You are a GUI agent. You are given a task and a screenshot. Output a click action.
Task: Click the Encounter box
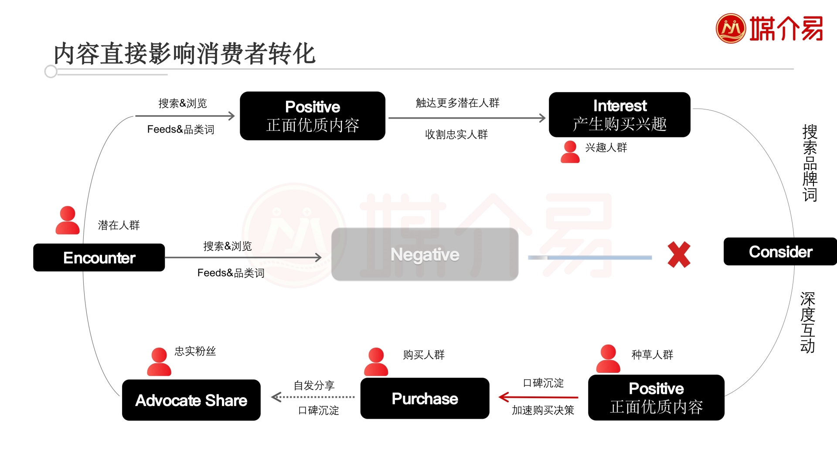(99, 258)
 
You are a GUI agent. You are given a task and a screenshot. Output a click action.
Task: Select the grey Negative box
(425, 254)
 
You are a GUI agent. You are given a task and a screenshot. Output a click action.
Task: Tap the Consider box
(780, 252)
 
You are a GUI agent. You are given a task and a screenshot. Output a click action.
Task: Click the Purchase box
(425, 399)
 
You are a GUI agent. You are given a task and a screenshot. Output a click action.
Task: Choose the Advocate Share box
(191, 400)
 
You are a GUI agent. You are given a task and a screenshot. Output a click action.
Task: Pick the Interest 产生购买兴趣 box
(619, 115)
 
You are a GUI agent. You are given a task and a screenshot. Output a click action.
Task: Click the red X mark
(679, 255)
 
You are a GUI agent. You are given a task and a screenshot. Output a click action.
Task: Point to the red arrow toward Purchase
(538, 397)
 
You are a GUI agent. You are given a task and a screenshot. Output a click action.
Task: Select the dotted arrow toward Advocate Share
(313, 397)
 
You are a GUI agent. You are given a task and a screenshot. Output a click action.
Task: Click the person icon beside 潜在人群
(68, 220)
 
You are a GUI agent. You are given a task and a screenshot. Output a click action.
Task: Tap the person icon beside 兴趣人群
(570, 152)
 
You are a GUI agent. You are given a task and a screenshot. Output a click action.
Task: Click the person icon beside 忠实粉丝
(159, 362)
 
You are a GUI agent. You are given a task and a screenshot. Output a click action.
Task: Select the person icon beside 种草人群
(608, 358)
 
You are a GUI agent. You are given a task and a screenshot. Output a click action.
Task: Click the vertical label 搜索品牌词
(810, 163)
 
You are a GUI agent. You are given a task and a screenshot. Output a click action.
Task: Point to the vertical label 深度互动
(807, 322)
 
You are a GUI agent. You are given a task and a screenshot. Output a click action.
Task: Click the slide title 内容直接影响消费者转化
(184, 54)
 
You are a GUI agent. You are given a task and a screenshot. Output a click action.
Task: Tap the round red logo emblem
(731, 28)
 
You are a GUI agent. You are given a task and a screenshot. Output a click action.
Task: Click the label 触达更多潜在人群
(457, 103)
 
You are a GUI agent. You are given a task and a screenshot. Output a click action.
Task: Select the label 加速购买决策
(543, 410)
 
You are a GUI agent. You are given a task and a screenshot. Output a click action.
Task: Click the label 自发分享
(314, 386)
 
